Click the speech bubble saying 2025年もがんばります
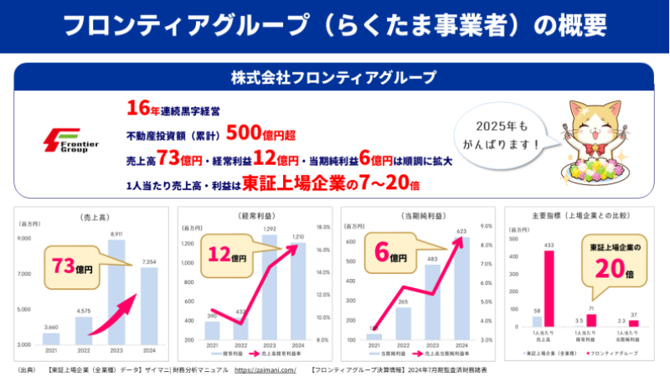[x=502, y=133]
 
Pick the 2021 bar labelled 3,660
[x=51, y=337]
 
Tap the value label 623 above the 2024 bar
[x=461, y=232]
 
